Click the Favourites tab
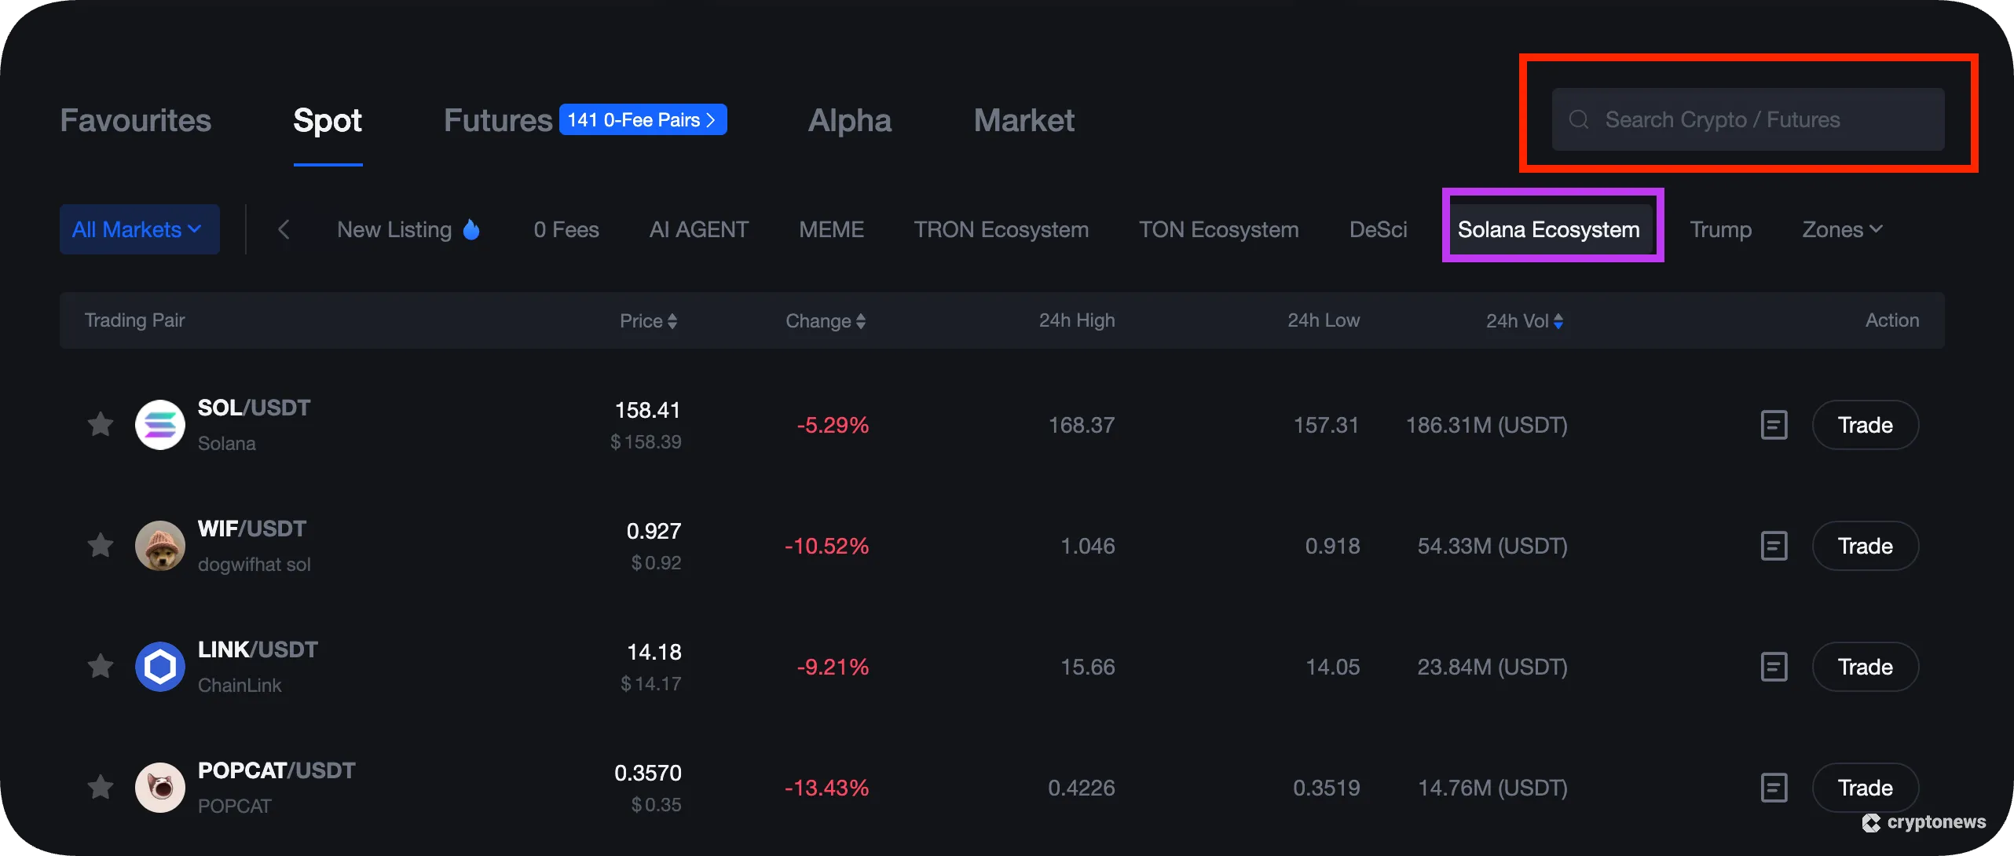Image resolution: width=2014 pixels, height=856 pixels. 135,120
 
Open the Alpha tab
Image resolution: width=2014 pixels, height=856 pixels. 849,120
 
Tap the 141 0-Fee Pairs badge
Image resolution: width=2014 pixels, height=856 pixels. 643,119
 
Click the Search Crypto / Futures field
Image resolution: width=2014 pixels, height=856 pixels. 1747,119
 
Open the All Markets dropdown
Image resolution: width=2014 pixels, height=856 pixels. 139,229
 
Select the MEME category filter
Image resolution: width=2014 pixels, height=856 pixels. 831,229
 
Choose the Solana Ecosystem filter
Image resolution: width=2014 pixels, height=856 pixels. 1548,229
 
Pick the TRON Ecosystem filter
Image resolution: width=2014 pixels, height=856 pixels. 1001,229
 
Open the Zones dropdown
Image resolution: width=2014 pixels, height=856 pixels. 1841,229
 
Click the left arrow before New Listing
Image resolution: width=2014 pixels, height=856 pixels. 284,229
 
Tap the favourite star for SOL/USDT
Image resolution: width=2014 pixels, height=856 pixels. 101,425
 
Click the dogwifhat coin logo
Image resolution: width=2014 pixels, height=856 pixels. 160,546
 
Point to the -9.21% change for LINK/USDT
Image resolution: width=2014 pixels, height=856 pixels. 833,667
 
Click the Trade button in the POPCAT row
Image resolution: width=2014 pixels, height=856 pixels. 1865,788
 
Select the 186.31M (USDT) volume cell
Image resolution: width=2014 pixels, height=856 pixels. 1486,425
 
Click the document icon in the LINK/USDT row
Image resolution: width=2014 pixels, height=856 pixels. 1774,667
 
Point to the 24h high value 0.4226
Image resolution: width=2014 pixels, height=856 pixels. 1081,788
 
